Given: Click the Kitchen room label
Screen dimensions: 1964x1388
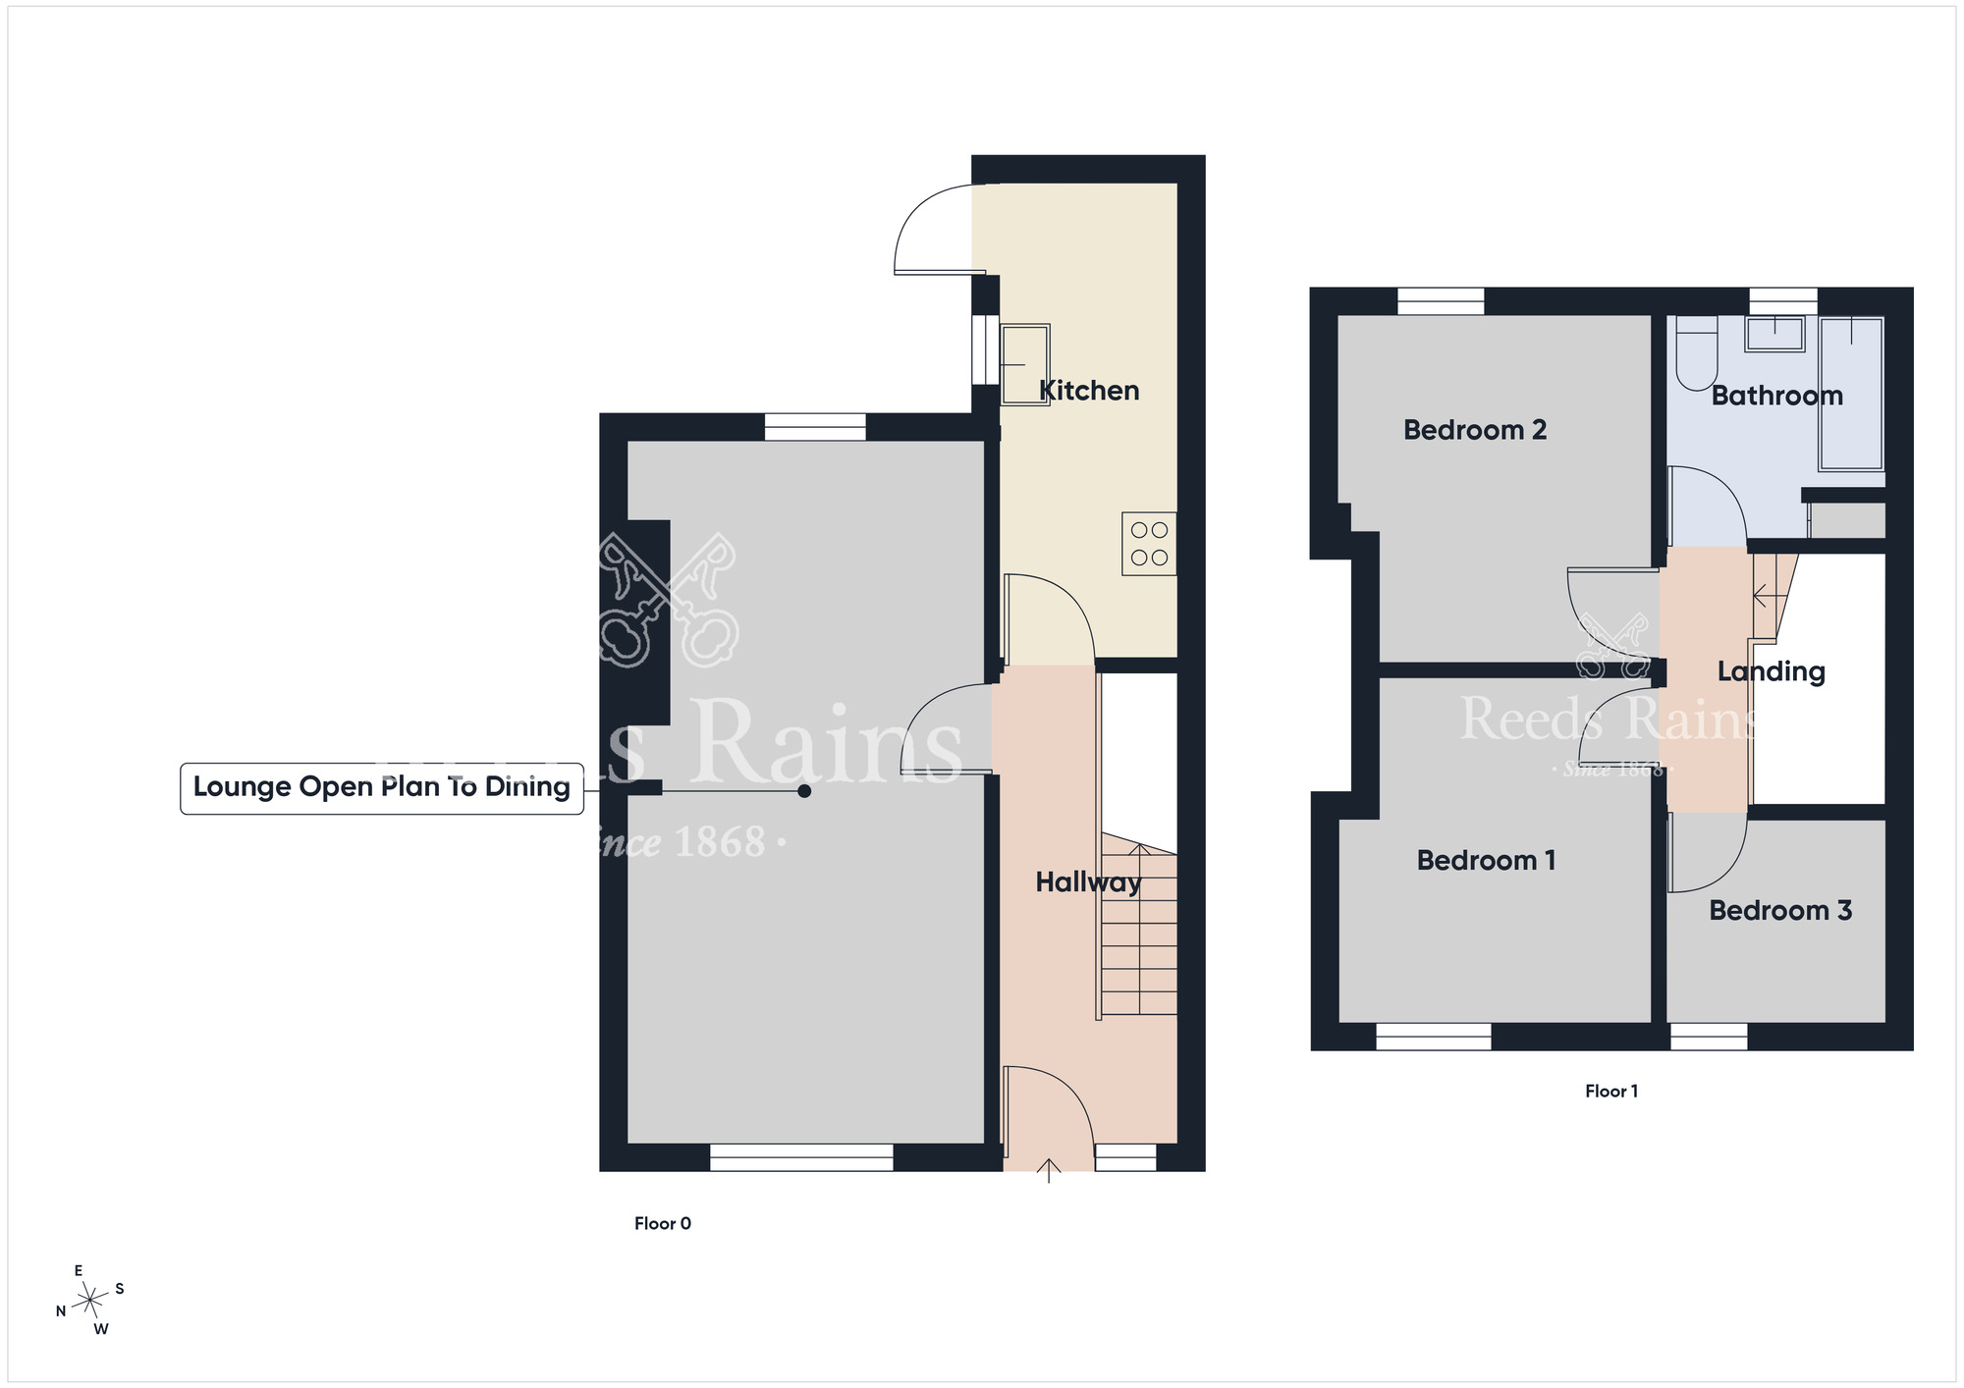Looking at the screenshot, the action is pos(1089,391).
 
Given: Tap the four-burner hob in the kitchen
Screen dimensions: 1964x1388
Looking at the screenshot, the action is pos(1149,544).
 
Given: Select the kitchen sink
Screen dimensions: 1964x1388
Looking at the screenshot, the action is pos(1024,365).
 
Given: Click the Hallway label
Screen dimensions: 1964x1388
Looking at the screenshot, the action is pos(1088,882).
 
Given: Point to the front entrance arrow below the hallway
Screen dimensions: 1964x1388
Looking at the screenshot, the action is pos(1049,1171).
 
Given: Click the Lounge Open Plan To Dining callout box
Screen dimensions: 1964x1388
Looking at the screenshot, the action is pos(382,788).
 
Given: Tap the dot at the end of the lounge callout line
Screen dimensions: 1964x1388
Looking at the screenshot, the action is pos(804,791).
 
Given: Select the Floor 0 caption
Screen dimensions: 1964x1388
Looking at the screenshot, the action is pos(663,1223).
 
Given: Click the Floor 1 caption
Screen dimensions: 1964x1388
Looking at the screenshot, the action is pos(1611,1091).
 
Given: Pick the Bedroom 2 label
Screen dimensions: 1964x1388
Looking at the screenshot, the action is pos(1475,430).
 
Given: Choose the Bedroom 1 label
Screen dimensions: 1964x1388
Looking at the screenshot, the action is pos(1486,861).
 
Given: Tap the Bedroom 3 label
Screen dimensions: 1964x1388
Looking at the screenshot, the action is pos(1780,911).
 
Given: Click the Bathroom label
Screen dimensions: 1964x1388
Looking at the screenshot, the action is pos(1776,396).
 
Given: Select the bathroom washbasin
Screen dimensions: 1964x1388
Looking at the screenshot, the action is pos(1774,334).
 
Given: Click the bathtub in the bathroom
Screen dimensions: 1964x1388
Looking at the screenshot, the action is pos(1851,393).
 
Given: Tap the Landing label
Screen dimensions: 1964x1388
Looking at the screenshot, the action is pos(1772,671).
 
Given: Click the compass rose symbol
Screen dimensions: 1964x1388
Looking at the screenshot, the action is pos(90,1301).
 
